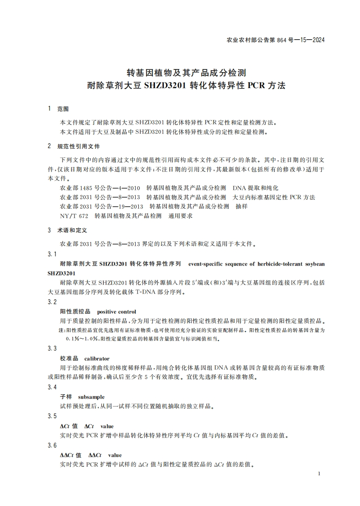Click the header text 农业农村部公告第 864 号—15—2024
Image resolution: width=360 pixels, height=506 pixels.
(x=274, y=40)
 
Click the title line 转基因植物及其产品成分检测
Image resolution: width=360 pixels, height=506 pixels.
(x=186, y=72)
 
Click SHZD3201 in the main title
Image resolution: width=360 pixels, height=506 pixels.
(x=164, y=85)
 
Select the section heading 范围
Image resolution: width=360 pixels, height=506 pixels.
(x=63, y=109)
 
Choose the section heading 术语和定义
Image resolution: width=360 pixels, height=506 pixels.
(x=72, y=230)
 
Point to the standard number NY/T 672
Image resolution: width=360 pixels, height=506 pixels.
(x=74, y=216)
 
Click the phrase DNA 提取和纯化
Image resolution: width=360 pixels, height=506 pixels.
(x=255, y=187)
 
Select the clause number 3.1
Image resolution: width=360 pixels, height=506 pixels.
(x=52, y=254)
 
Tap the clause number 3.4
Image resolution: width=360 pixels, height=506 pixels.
(x=52, y=387)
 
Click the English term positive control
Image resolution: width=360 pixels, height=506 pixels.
(x=117, y=312)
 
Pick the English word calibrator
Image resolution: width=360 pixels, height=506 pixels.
(x=97, y=359)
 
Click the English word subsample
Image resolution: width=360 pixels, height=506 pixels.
(x=91, y=397)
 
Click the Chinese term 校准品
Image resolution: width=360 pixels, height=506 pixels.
(x=69, y=359)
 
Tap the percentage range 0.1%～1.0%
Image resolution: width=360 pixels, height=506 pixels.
(x=82, y=338)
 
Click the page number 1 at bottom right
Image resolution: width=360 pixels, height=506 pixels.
(x=319, y=474)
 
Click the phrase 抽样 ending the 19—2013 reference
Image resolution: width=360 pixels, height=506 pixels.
(x=242, y=206)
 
